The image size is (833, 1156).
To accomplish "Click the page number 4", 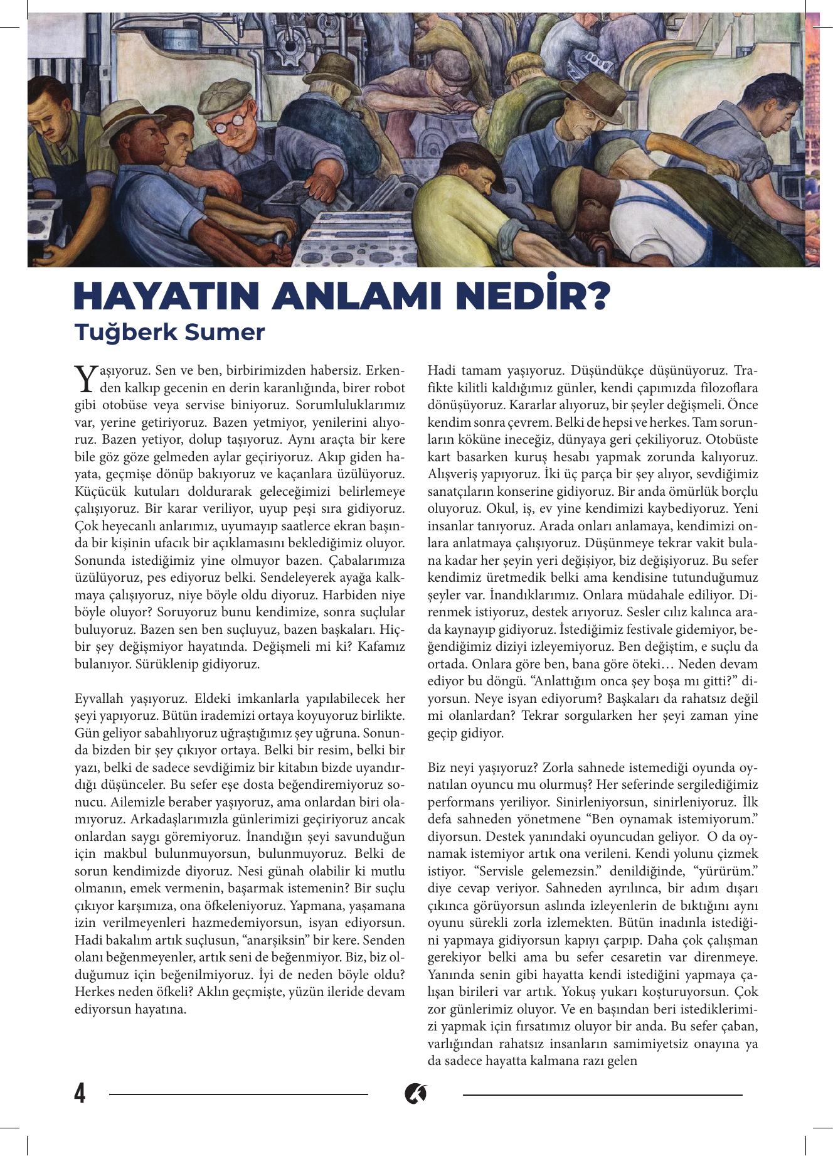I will pos(80,1094).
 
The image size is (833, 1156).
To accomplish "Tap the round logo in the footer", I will pos(415,1094).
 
